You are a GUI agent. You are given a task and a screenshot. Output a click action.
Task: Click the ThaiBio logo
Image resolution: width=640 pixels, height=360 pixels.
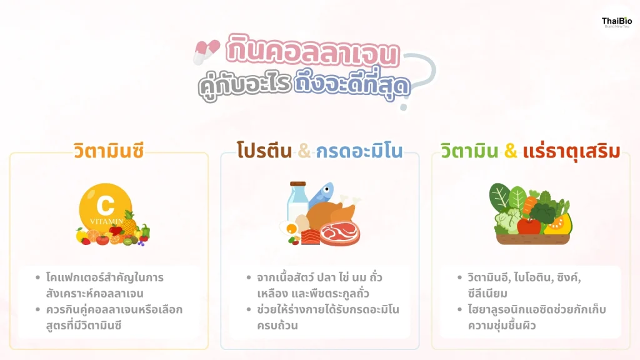point(617,22)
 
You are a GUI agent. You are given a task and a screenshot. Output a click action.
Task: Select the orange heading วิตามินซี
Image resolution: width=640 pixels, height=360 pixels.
point(109,151)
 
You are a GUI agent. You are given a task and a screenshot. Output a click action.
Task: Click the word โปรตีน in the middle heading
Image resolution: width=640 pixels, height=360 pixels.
point(264,151)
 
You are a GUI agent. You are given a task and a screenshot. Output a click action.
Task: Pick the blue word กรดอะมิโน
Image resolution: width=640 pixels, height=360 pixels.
point(359,151)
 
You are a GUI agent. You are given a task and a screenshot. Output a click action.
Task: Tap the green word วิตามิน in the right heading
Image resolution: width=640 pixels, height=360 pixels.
point(469,151)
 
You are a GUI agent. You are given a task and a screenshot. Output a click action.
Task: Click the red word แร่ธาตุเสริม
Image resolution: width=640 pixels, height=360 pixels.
point(571,151)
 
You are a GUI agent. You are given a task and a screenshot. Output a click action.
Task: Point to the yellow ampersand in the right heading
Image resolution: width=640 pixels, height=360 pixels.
point(511,151)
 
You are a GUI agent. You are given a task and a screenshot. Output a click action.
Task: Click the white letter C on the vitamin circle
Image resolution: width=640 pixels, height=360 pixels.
point(105,206)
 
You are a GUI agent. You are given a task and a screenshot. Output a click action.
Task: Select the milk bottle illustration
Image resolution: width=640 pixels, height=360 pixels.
point(297,201)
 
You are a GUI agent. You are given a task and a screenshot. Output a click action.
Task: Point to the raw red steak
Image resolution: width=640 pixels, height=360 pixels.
point(340,233)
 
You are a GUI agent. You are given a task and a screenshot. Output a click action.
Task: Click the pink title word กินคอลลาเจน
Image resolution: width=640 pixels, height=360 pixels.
point(312,51)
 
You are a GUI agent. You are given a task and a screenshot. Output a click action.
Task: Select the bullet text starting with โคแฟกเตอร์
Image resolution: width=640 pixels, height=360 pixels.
point(105,285)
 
